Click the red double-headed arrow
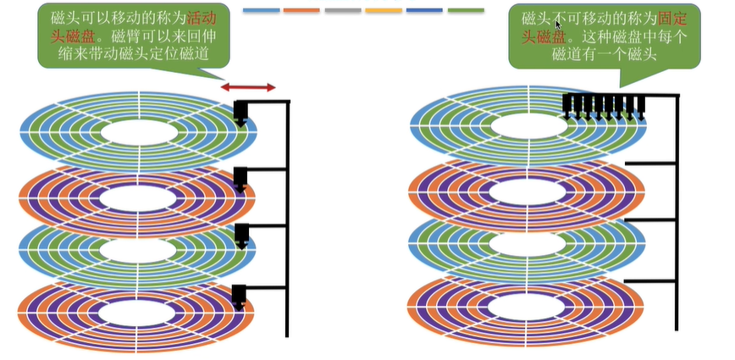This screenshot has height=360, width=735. point(248,87)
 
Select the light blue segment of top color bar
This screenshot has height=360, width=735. point(262,10)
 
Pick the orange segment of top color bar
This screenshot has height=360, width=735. point(302,10)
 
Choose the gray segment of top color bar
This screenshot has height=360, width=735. point(343,10)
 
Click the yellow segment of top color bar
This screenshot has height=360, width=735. point(384,10)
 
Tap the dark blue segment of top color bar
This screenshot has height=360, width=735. point(424,10)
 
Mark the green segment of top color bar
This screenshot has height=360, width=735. point(465,10)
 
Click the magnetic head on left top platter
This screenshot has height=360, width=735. point(240,114)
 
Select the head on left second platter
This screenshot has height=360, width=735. point(240,180)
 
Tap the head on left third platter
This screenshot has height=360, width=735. point(240,236)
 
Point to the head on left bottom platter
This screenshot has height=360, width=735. point(240,296)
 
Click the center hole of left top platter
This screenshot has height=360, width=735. point(139,133)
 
